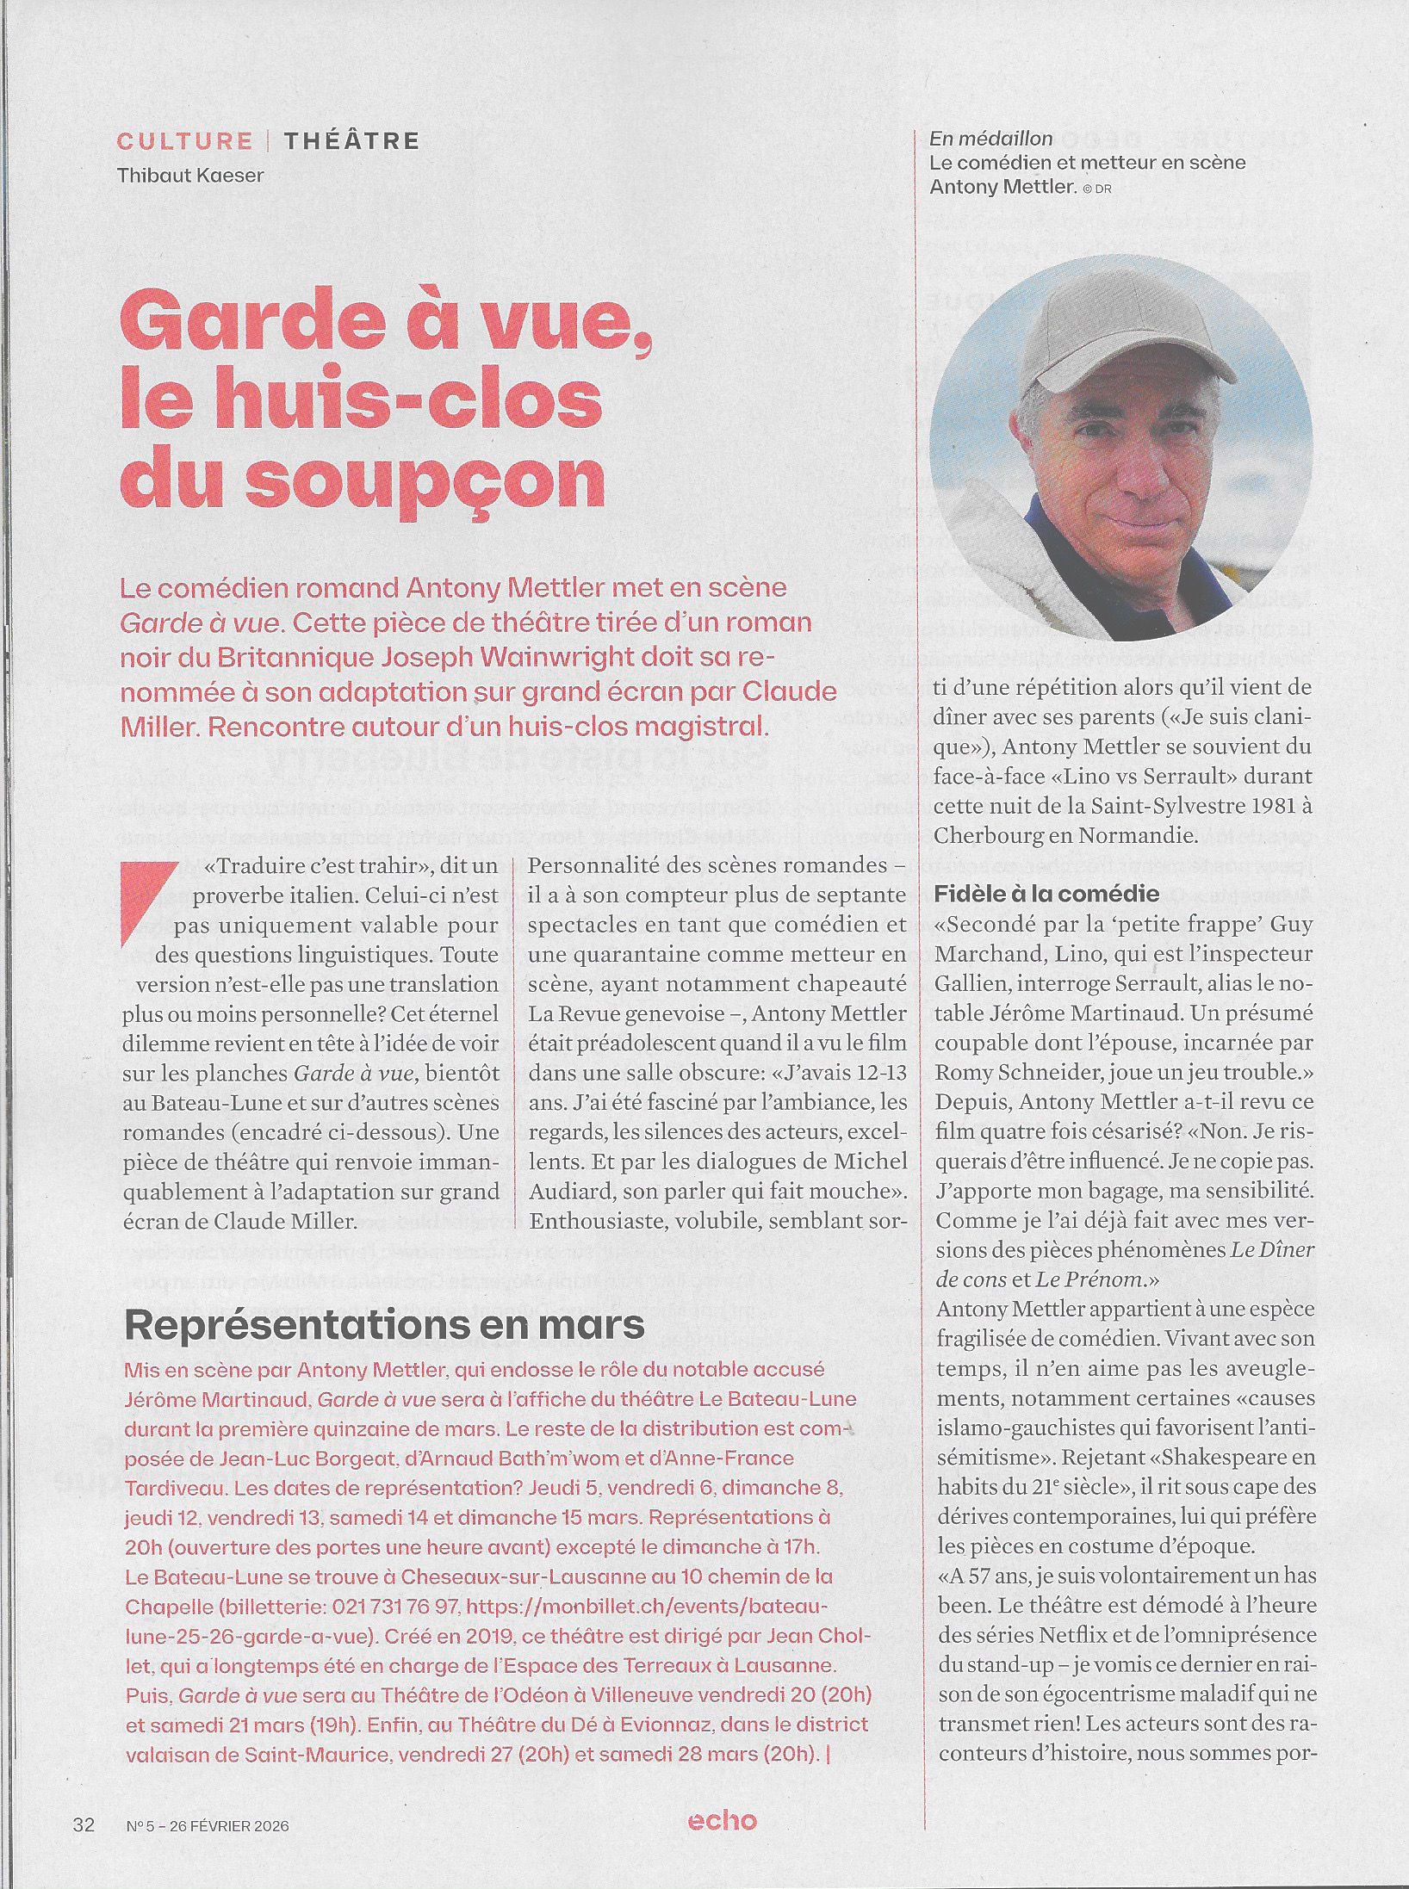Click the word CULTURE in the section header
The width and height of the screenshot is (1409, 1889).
pos(184,141)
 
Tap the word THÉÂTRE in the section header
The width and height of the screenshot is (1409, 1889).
pos(351,141)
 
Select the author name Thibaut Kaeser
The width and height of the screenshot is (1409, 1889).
pos(190,175)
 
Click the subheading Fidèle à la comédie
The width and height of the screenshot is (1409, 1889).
pos(1046,893)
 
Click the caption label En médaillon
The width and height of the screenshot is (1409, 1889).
pos(990,139)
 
